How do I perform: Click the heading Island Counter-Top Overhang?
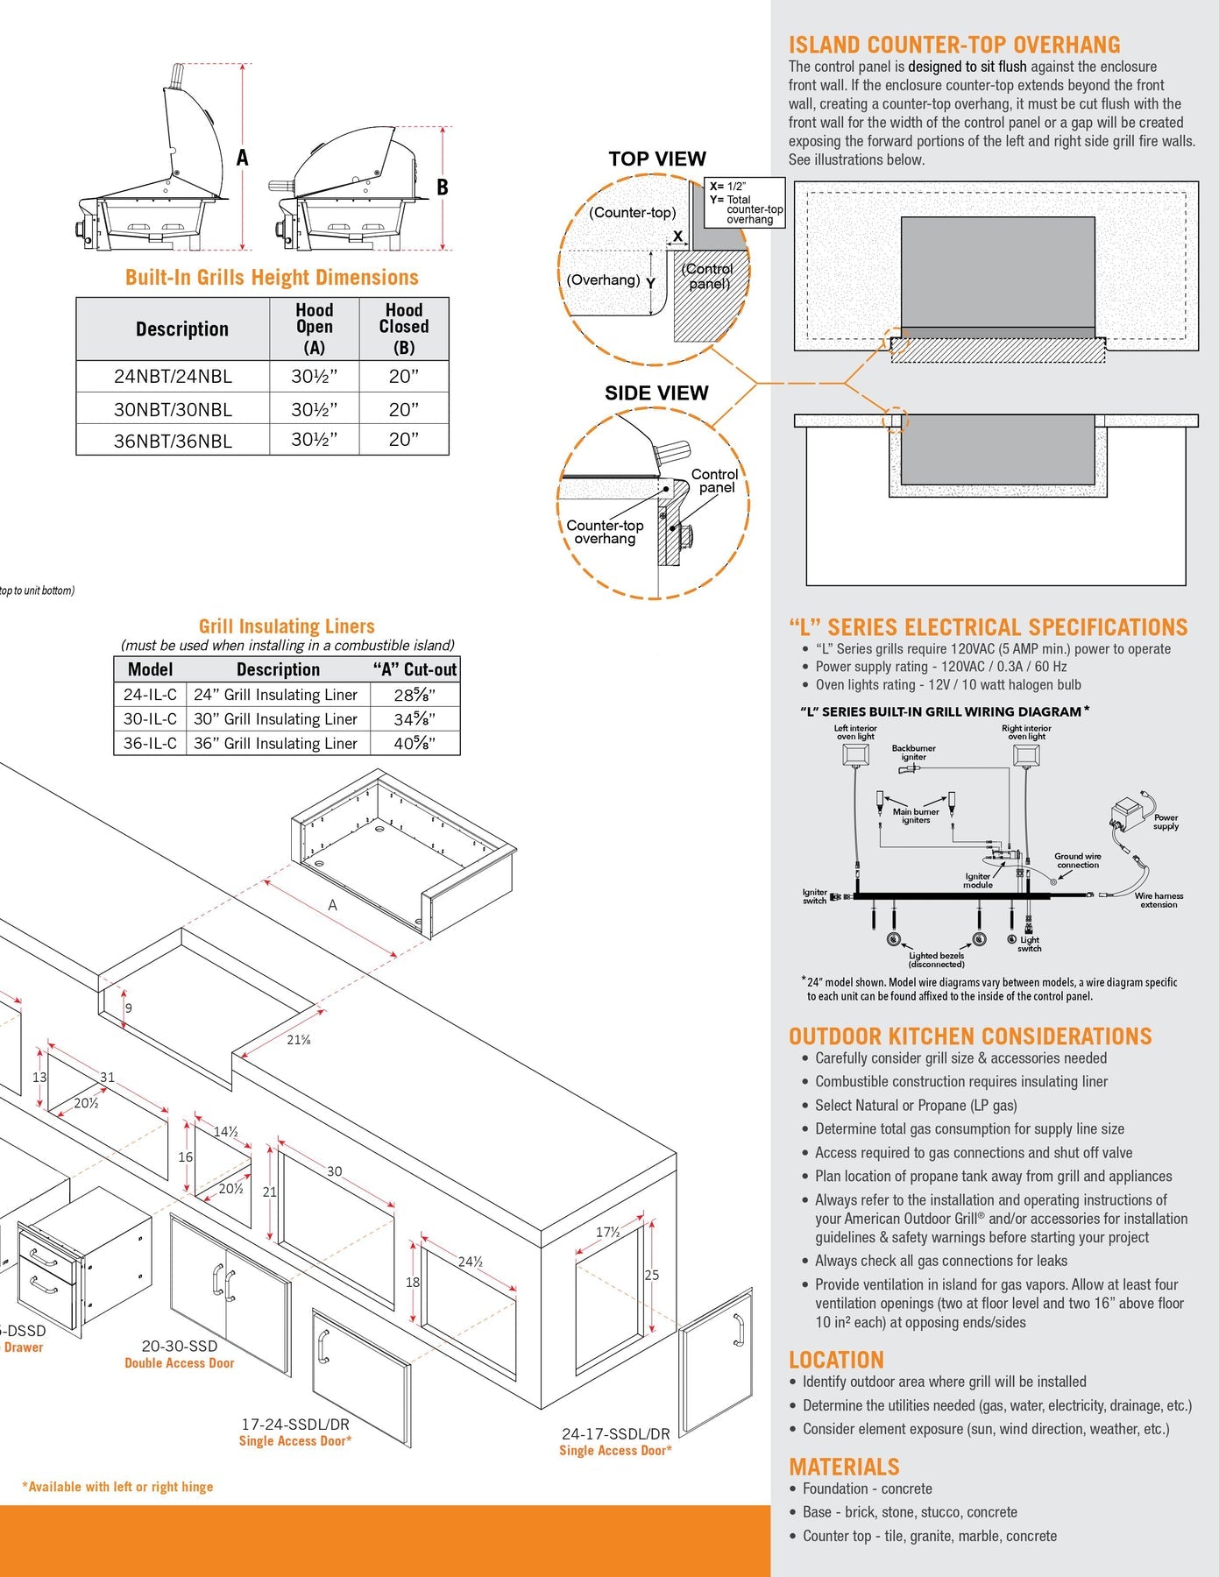(x=953, y=45)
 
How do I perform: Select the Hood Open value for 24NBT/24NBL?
(x=314, y=377)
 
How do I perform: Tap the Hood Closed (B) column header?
(x=403, y=328)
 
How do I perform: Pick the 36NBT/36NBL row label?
(x=173, y=441)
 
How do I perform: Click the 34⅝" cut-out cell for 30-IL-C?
(x=415, y=719)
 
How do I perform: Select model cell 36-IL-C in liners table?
(x=150, y=743)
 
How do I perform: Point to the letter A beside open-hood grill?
(x=243, y=158)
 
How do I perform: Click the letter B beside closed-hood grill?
(x=443, y=187)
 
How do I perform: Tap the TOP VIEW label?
(x=657, y=159)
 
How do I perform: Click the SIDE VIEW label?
(x=656, y=393)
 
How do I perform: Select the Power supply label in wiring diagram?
(x=1166, y=822)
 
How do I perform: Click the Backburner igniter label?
(x=913, y=753)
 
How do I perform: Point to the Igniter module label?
(x=978, y=880)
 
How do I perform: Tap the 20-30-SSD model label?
(x=179, y=1346)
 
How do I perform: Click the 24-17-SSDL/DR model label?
(x=615, y=1434)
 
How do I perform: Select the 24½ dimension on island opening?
(x=470, y=1262)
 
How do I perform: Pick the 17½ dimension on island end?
(x=607, y=1232)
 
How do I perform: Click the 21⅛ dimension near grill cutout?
(x=299, y=1040)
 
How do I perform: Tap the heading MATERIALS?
(x=844, y=1467)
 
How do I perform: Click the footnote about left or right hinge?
(x=117, y=1487)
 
